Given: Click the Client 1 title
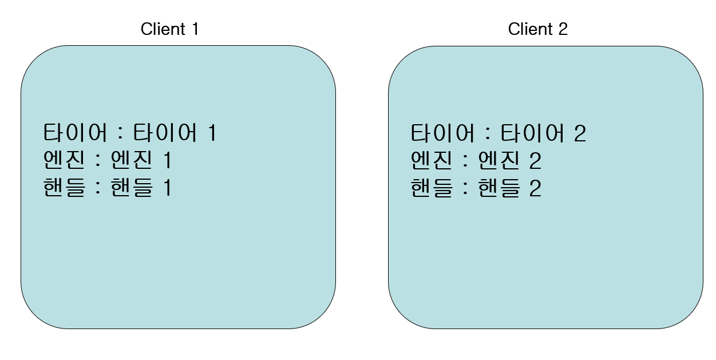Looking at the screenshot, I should click(169, 29).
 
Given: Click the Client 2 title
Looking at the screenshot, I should click(537, 29).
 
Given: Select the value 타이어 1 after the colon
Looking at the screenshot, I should click(175, 134).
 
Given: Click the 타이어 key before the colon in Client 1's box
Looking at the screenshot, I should click(75, 134).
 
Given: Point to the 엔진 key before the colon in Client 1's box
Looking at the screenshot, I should click(64, 161).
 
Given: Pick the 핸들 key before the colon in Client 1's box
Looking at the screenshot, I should click(64, 188).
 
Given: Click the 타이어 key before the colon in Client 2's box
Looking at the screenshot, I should click(442, 134).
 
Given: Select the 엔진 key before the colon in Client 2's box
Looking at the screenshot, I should click(431, 161).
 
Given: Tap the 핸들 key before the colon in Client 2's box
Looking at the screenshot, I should click(431, 188).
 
